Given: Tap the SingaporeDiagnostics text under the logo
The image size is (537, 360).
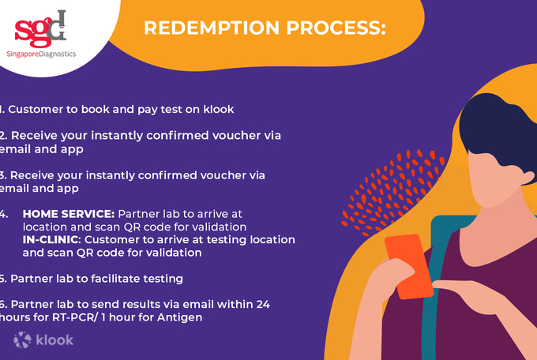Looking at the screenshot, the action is (41, 54).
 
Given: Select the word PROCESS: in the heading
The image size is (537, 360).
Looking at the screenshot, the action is (336, 28).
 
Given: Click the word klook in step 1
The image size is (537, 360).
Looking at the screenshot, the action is (219, 109).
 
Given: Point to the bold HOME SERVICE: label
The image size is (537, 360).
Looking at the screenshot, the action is (69, 214).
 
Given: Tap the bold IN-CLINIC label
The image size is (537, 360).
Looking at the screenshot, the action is (51, 240).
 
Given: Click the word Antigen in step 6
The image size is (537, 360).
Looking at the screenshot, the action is (180, 317).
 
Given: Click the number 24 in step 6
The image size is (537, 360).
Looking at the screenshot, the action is (262, 304).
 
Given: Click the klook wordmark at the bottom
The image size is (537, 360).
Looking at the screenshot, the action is (54, 340).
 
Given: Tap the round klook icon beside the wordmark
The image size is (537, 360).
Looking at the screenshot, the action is (22, 339).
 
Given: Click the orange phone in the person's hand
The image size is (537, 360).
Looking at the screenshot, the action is (409, 266).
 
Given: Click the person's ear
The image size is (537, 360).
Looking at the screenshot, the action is (527, 177).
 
